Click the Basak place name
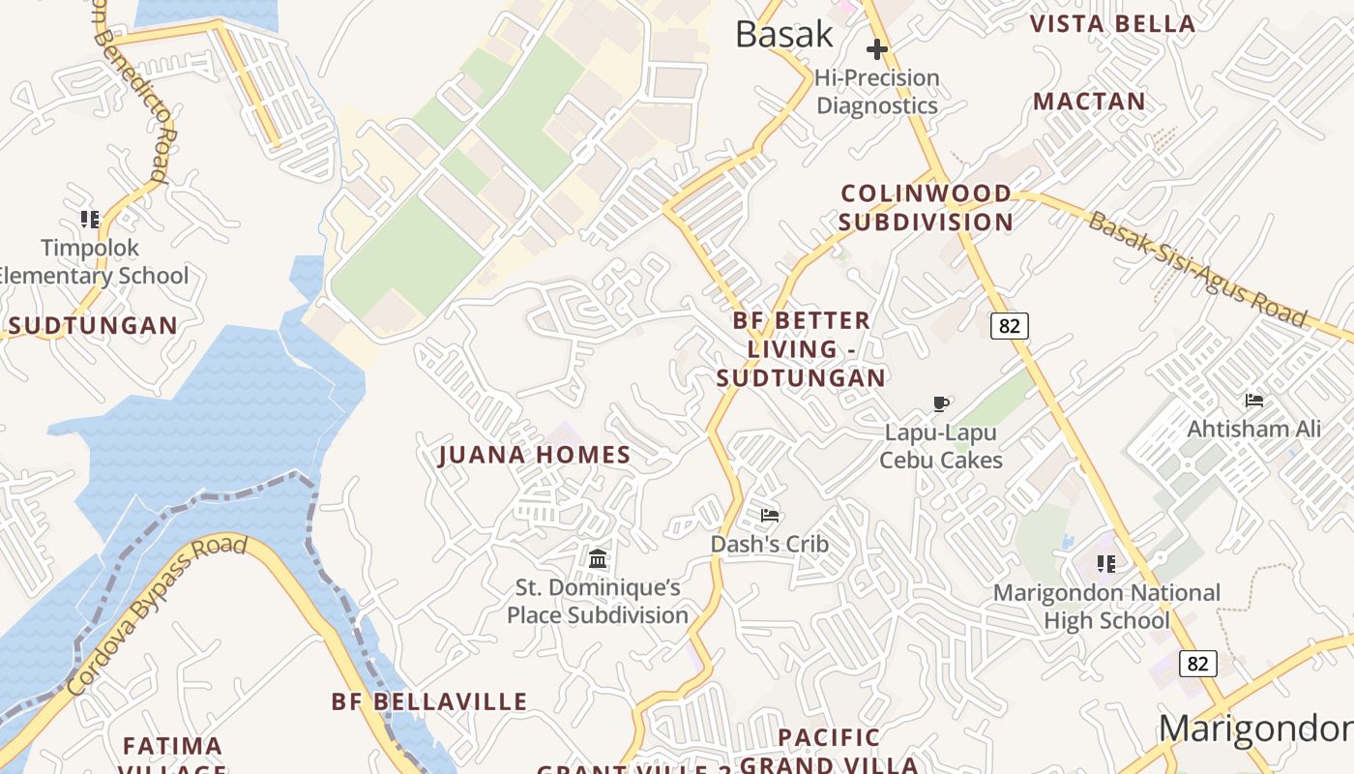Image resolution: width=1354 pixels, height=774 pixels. [783, 34]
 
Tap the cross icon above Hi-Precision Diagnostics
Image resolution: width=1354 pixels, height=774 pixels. [877, 48]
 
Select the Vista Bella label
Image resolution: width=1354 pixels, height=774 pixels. [1112, 24]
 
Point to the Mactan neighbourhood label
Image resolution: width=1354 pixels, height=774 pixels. [1089, 101]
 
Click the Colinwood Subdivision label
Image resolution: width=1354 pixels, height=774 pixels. [926, 207]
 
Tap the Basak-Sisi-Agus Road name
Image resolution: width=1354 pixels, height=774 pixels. [1197, 270]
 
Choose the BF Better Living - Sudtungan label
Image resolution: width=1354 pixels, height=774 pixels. [801, 348]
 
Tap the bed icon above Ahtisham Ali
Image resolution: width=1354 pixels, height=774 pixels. [1254, 400]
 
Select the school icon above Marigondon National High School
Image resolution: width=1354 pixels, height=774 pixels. [1106, 563]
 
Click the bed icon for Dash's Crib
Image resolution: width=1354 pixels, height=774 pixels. [770, 516]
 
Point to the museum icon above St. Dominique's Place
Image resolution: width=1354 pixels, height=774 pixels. [598, 558]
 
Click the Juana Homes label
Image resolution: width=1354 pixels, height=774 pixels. [534, 455]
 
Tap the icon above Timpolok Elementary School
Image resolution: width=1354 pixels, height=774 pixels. [90, 220]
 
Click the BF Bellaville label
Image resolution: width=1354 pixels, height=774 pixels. [429, 701]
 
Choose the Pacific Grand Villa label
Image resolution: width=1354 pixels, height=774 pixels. [829, 751]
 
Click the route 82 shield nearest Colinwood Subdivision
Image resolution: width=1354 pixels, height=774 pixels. [1009, 326]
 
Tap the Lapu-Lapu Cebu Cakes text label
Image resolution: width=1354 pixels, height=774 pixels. [940, 446]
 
